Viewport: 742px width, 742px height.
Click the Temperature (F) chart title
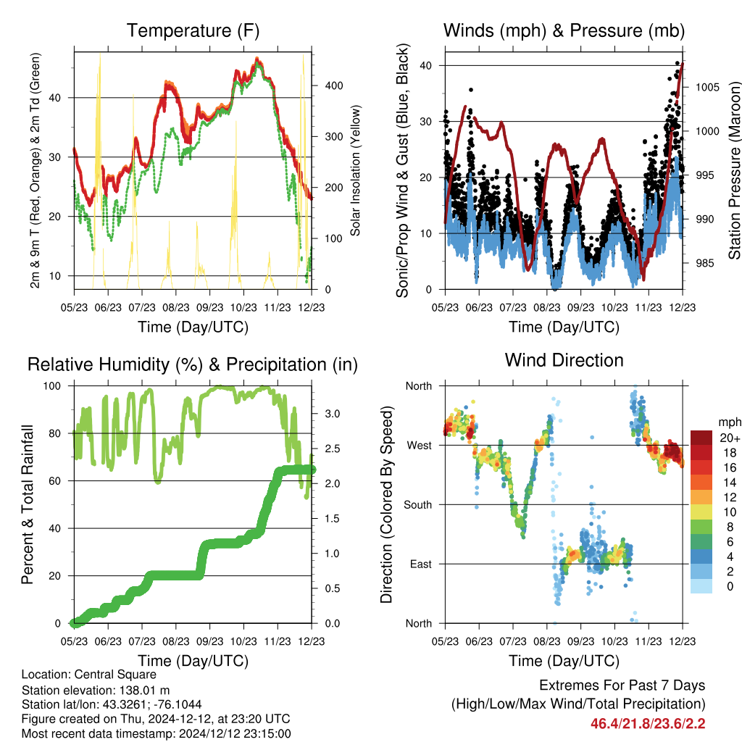click(x=193, y=30)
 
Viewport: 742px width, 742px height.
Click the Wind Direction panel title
click(x=564, y=360)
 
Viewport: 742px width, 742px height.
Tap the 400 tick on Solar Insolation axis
click(x=333, y=86)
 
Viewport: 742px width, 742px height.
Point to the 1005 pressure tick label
click(x=707, y=87)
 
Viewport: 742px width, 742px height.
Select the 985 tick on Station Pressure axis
click(x=704, y=263)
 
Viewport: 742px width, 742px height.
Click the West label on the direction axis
click(x=420, y=446)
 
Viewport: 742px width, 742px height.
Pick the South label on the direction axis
click(x=418, y=505)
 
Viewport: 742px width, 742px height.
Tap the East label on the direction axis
click(x=421, y=564)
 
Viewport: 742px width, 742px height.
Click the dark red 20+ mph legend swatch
click(x=701, y=438)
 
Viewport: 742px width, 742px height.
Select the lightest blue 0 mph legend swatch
click(x=701, y=585)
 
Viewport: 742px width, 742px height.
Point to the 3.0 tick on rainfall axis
click(x=332, y=414)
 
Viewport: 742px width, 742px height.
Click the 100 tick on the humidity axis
click(x=52, y=385)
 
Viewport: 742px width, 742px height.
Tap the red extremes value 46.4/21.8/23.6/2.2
click(x=648, y=724)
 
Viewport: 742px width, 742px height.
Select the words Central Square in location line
click(x=115, y=675)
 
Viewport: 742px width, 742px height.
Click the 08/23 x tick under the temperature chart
click(x=175, y=307)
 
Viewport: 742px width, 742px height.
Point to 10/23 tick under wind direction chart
click(x=614, y=641)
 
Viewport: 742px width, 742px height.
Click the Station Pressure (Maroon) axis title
click(x=734, y=170)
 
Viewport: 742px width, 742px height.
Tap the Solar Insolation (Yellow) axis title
click(x=355, y=170)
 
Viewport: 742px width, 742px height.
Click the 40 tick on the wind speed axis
click(x=426, y=65)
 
